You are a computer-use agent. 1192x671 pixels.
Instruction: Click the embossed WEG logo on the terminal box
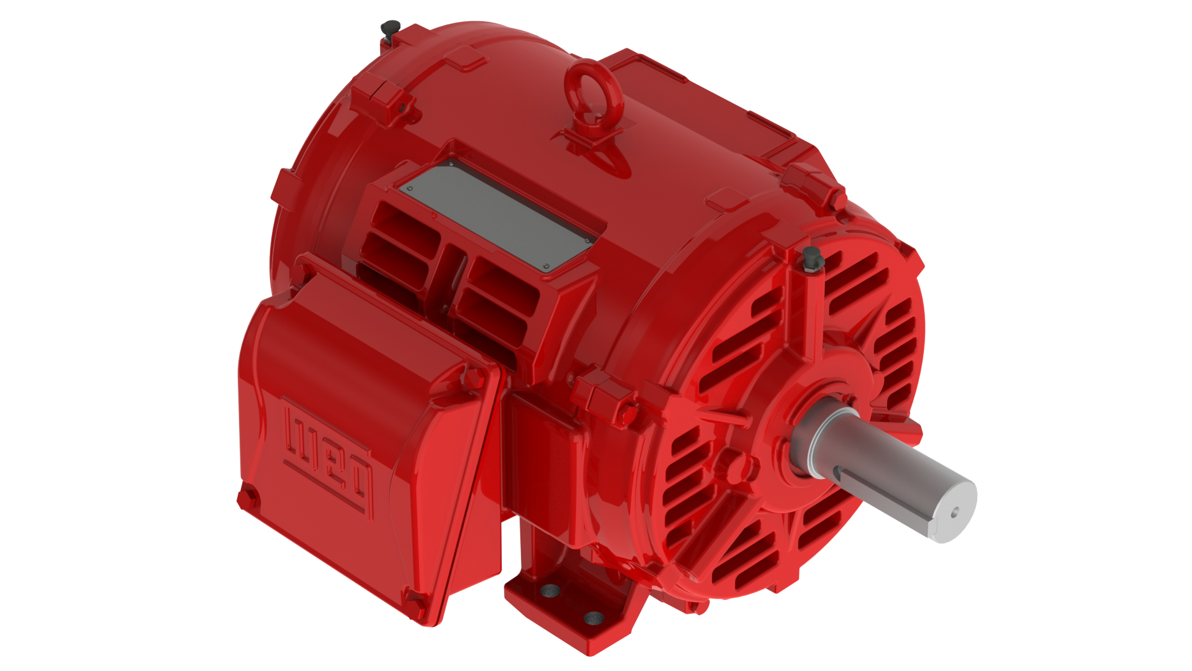328,459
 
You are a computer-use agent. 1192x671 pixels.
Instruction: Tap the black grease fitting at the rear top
389,29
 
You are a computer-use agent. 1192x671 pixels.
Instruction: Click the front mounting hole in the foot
594,618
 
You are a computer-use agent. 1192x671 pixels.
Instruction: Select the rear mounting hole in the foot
549,590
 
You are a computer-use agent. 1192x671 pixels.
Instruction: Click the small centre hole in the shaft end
955,513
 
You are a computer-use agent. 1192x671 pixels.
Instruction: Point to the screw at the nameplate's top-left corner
409,188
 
